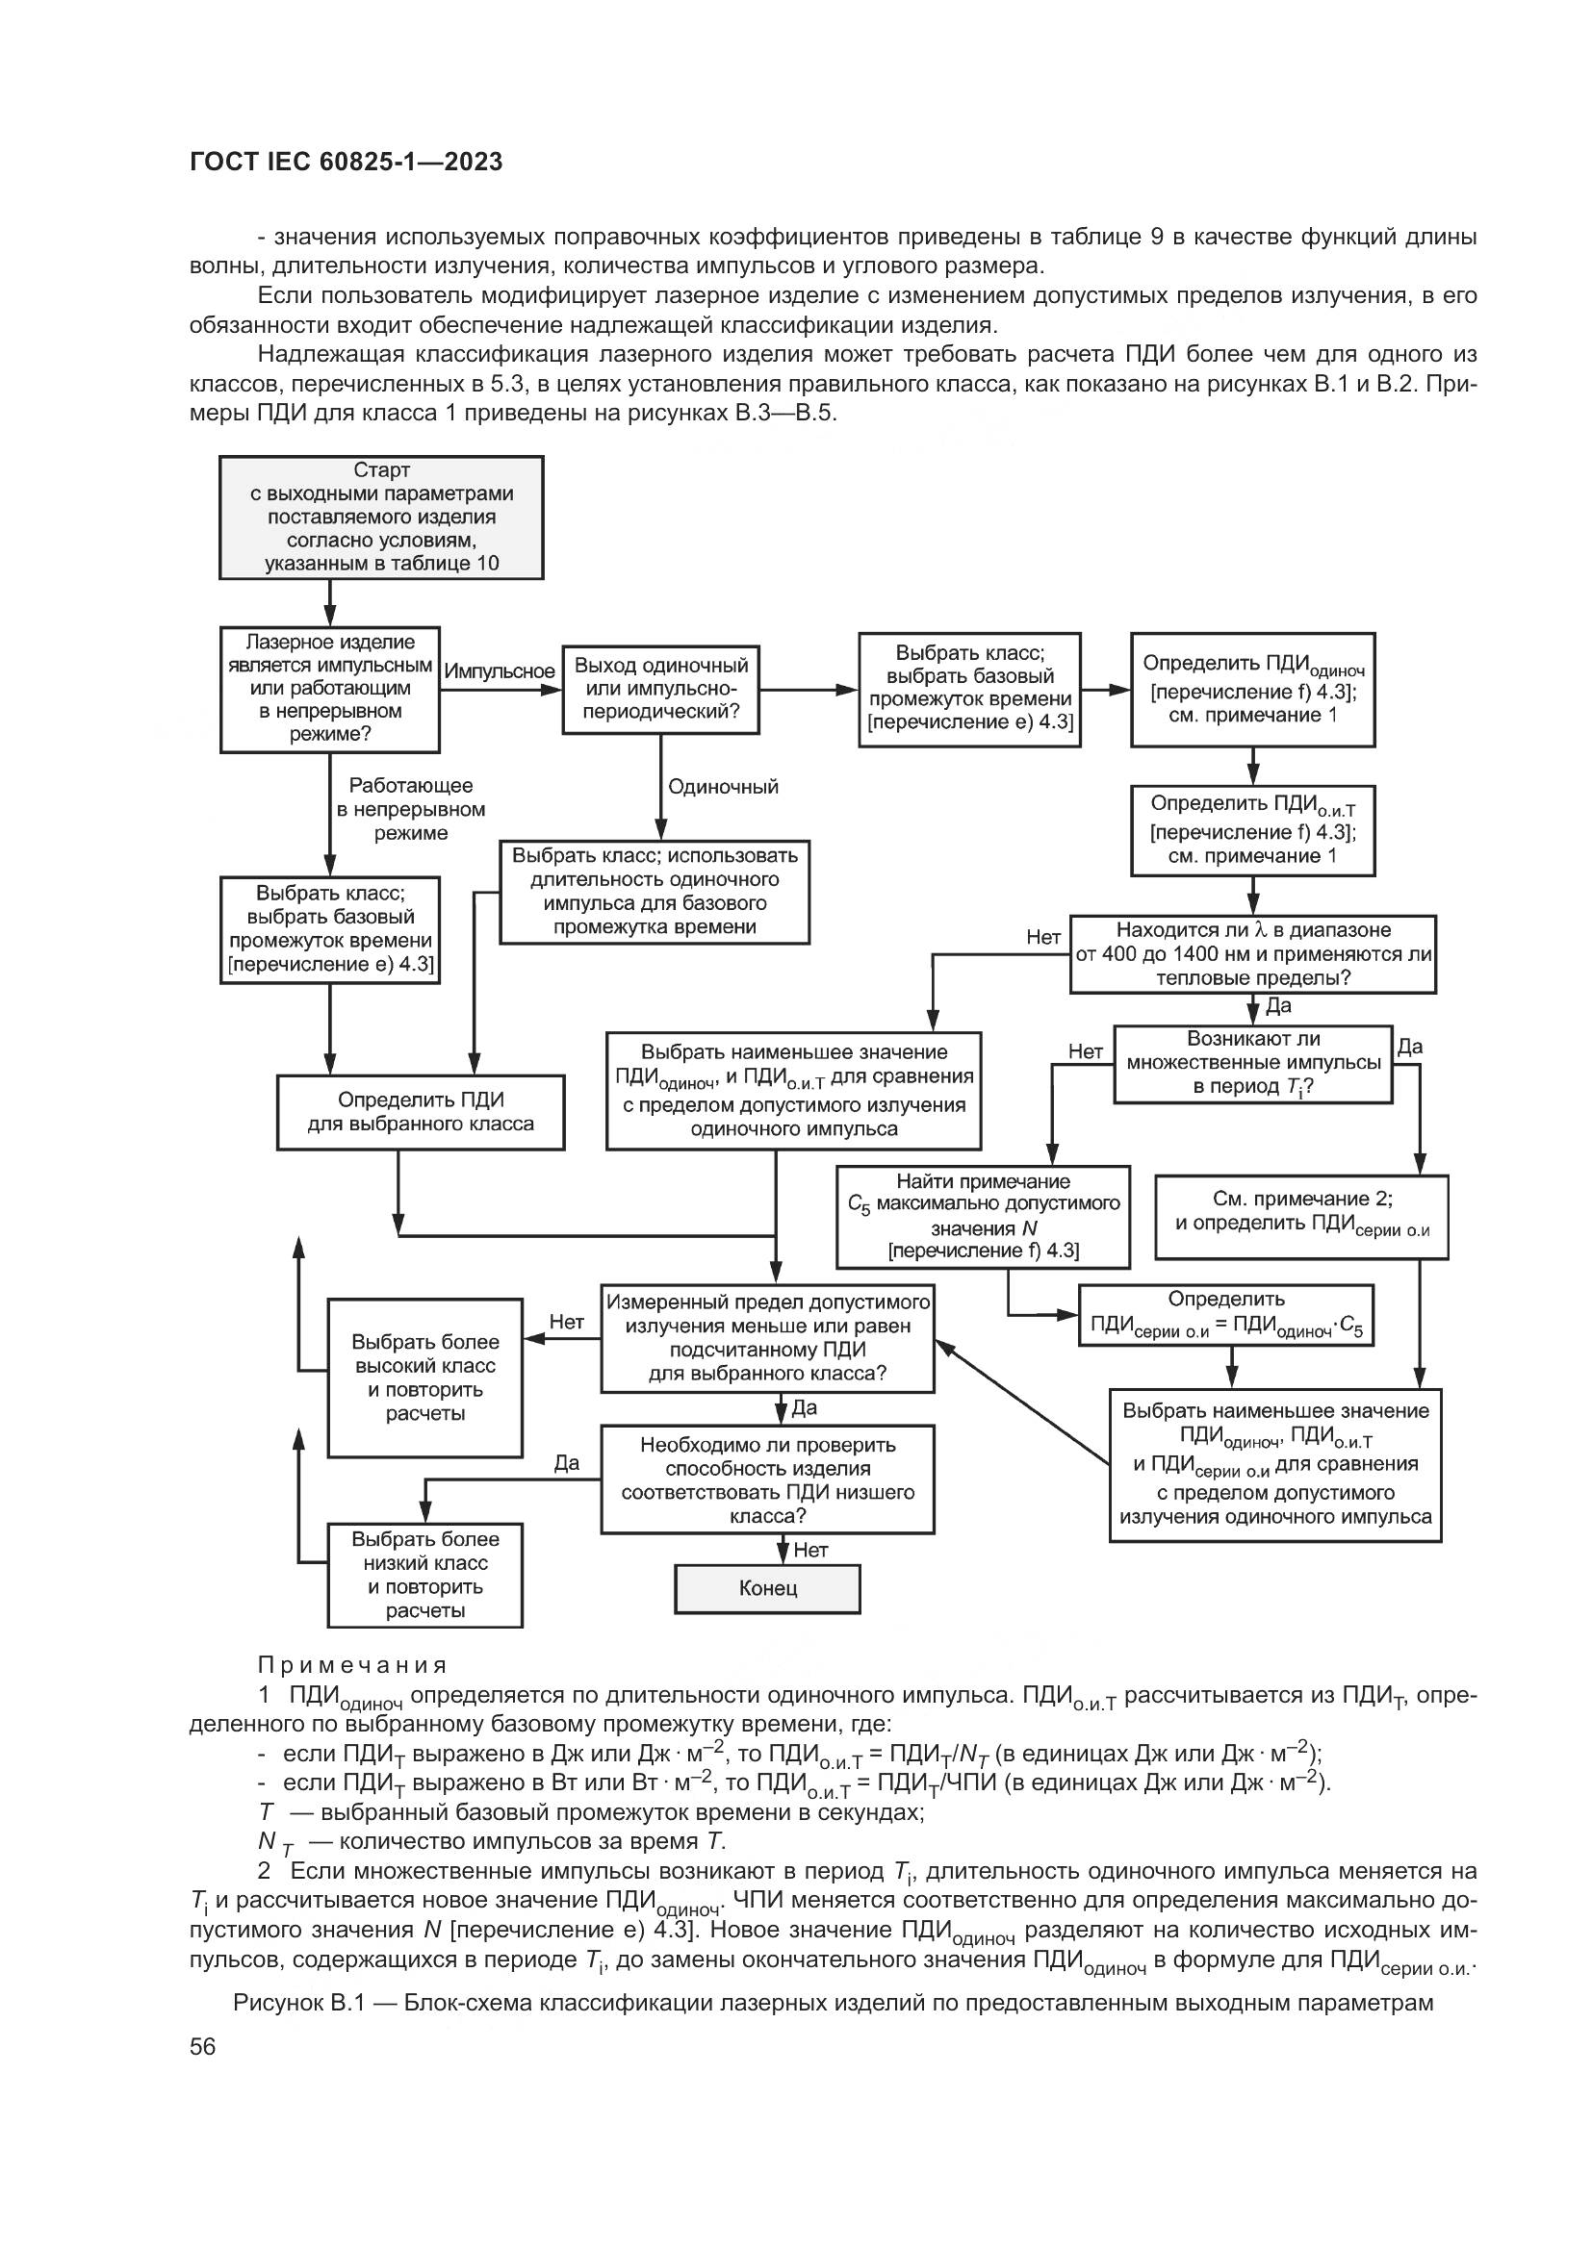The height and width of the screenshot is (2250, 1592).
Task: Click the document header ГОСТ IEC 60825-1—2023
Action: point(346,162)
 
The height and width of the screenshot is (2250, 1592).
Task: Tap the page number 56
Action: point(202,2046)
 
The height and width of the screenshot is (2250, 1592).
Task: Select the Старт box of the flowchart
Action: point(380,517)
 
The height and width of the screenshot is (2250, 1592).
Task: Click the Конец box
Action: point(766,1587)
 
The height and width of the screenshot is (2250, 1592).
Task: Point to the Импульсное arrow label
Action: point(499,671)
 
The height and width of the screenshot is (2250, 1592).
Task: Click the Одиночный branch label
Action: point(723,786)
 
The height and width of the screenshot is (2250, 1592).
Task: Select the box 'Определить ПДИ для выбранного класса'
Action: point(421,1111)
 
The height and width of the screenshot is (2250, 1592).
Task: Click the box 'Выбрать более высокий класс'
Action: point(424,1377)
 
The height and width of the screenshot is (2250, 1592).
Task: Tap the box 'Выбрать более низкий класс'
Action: point(424,1574)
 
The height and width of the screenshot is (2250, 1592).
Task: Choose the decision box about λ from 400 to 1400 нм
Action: point(1252,953)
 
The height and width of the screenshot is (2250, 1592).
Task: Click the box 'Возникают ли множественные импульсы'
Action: point(1252,1063)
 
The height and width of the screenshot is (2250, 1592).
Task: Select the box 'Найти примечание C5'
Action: point(983,1215)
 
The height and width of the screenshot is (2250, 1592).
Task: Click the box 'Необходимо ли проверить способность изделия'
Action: point(766,1479)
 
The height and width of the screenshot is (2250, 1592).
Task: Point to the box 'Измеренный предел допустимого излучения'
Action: point(766,1338)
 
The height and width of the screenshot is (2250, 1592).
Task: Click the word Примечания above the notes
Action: point(352,1665)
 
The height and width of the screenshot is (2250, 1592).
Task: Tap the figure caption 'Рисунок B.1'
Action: point(833,2002)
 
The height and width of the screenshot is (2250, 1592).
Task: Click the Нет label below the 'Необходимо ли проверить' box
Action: point(809,1550)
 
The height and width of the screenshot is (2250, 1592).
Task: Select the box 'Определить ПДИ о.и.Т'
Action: point(1252,829)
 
